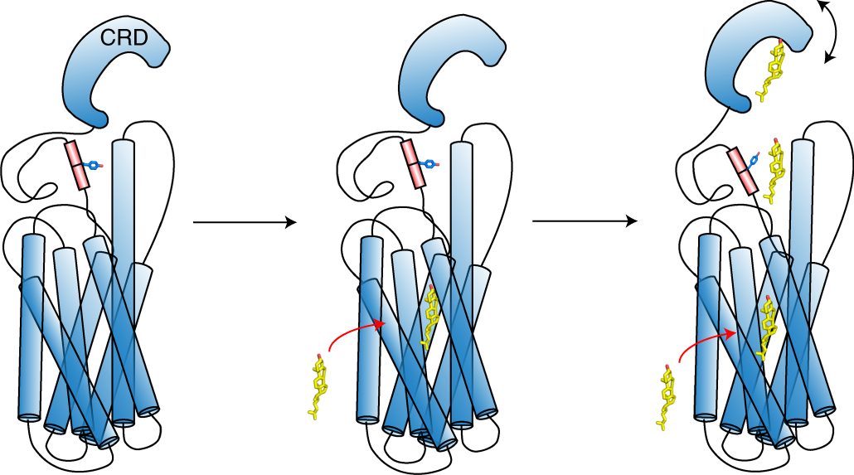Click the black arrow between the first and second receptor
point(244,222)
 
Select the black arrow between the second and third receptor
point(585,221)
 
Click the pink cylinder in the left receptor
point(77,165)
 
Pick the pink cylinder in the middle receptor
point(413,164)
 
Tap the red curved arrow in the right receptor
point(705,340)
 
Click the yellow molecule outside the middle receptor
point(319,386)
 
